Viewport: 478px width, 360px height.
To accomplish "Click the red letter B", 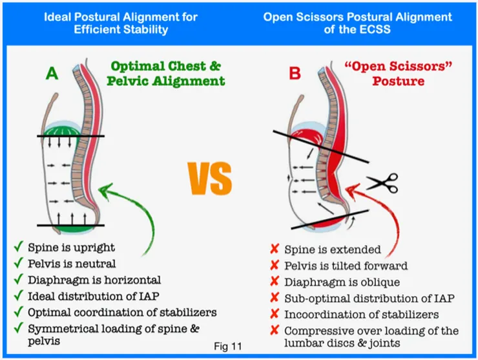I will click(x=295, y=74).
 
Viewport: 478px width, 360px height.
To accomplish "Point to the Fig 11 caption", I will click(x=227, y=346).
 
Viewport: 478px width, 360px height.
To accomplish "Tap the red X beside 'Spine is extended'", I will click(x=274, y=249).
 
